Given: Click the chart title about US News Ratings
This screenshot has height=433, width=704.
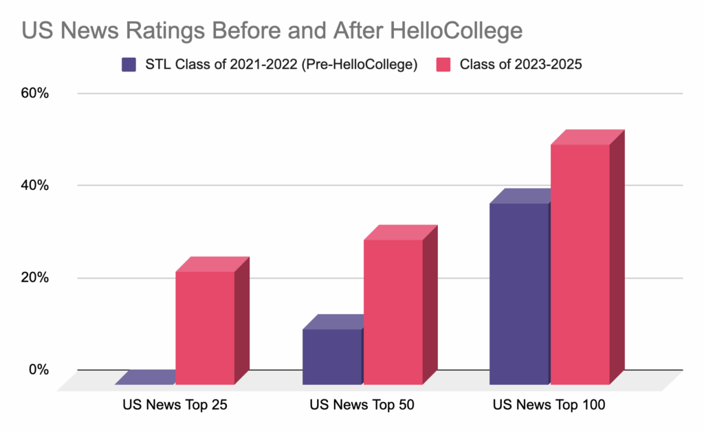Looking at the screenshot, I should coord(272,31).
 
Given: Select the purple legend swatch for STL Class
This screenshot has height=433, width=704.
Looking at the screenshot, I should coord(128,65).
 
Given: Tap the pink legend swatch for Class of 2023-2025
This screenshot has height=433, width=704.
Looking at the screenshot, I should coord(445,65).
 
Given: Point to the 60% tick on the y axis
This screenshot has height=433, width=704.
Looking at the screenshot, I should coord(34,93).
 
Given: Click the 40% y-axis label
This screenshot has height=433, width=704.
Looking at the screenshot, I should coord(34,185).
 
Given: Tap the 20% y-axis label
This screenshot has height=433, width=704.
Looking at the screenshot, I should coord(34,278).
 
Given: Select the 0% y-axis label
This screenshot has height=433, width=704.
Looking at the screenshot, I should coord(37,370).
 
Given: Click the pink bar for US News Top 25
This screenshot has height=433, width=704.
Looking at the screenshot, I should coord(205,327).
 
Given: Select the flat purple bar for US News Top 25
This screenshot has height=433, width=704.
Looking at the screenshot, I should coord(146,377).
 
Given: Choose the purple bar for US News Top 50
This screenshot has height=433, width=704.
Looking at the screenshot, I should coord(332,356).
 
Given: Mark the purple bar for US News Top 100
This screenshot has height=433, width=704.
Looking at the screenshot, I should coord(519,293).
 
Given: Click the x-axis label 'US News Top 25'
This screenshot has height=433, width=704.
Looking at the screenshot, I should coord(175,405).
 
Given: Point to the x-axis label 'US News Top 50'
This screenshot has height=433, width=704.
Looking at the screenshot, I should coord(362,405).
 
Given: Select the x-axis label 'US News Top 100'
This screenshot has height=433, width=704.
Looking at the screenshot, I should coord(549,405).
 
